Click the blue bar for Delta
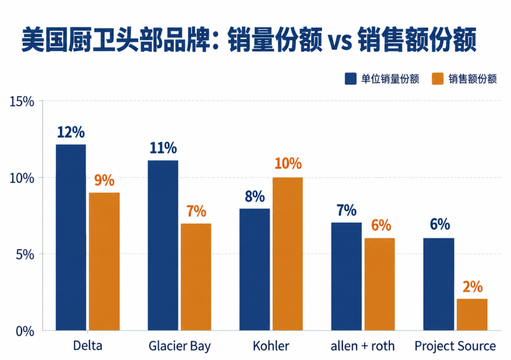71,237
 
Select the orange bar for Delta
104,262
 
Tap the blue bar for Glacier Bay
163,246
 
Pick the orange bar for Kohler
288,254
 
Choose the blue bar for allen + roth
346,277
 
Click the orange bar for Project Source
472,315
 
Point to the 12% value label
71,132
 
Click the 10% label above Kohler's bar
288,163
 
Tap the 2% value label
473,287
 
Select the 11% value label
163,148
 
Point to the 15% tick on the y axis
22,102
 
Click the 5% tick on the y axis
25,255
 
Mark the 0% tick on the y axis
25,331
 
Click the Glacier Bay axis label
180,346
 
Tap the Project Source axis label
455,346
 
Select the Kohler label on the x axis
271,346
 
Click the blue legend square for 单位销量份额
351,79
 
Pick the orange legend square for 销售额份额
438,79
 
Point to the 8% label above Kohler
255,196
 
